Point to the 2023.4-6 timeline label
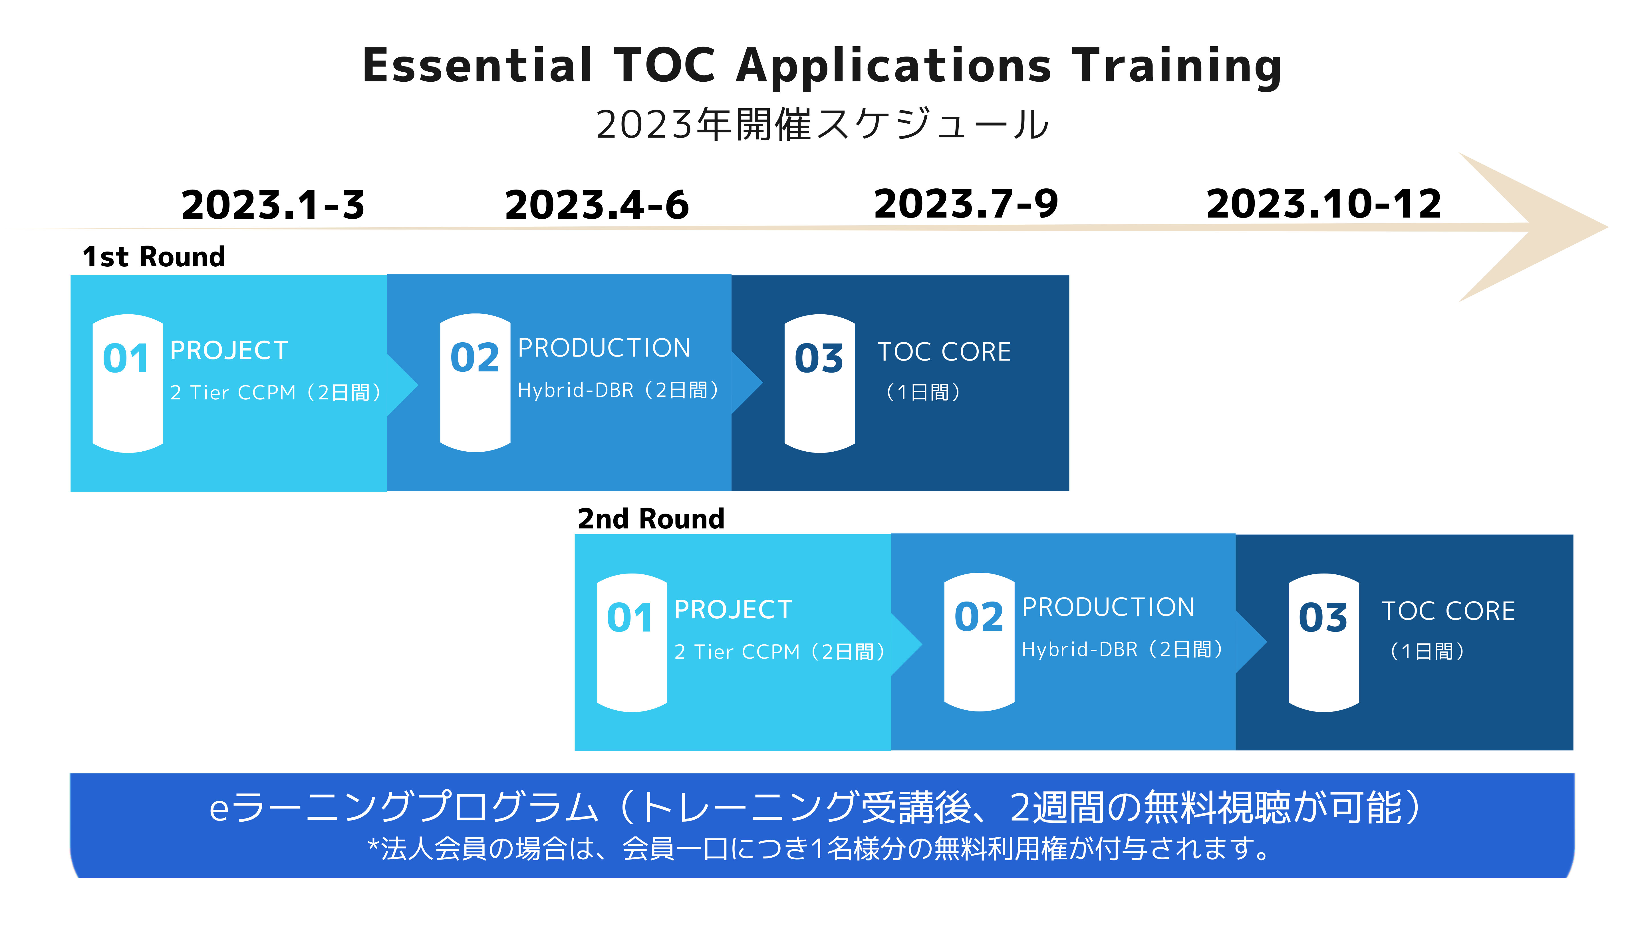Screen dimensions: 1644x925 click(597, 205)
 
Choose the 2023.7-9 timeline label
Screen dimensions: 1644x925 click(966, 204)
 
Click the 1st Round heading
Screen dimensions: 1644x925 click(154, 257)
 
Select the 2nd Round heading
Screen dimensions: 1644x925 click(651, 518)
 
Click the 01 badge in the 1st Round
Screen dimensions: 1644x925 click(128, 383)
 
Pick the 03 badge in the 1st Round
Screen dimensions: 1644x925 click(819, 383)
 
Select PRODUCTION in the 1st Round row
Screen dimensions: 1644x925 click(604, 348)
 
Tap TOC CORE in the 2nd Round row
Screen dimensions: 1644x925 click(1448, 611)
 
